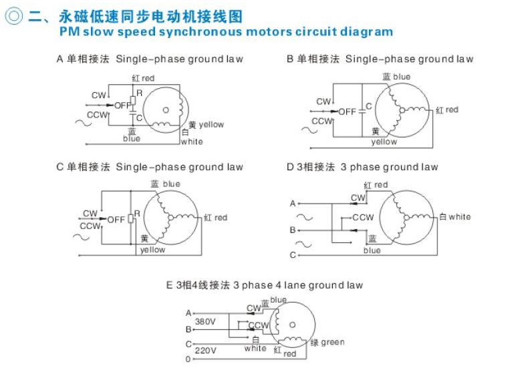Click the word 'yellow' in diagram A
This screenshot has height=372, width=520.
coord(211,125)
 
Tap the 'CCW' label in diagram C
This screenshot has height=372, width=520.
coord(90,226)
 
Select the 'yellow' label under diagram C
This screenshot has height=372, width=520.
coord(152,250)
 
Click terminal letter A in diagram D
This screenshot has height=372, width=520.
coord(293,204)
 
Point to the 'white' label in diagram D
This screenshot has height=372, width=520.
coord(459,216)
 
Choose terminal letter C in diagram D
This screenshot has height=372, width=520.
coord(293,255)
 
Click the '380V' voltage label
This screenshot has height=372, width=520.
coord(205,322)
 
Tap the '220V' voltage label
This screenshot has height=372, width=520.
coord(205,349)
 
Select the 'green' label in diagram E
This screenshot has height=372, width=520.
coord(333,343)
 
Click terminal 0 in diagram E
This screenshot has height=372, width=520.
coord(188,359)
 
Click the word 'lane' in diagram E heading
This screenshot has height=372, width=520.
coord(287,285)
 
